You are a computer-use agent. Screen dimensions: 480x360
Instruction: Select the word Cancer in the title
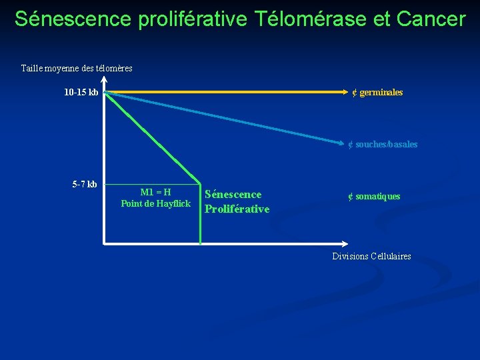[431, 19]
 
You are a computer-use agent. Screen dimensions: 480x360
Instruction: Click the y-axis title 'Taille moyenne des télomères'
[77, 68]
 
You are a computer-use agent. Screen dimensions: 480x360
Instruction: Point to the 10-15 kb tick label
[81, 93]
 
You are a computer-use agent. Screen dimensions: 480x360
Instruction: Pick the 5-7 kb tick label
[85, 184]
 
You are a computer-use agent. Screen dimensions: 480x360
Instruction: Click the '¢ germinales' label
[377, 93]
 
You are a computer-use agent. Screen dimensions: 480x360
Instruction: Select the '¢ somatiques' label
[373, 196]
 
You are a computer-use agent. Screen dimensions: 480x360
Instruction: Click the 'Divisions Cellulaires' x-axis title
[371, 256]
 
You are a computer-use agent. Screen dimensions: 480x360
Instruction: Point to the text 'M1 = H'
[155, 192]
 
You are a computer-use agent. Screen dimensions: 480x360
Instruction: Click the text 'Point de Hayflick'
[155, 203]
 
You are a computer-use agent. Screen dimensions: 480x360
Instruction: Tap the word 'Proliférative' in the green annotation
[237, 209]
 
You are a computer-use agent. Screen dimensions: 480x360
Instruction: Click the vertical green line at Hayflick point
[200, 213]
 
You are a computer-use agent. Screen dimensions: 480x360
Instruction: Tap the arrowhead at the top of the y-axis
[104, 79]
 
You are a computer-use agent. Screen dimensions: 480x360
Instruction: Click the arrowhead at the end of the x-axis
[343, 244]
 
